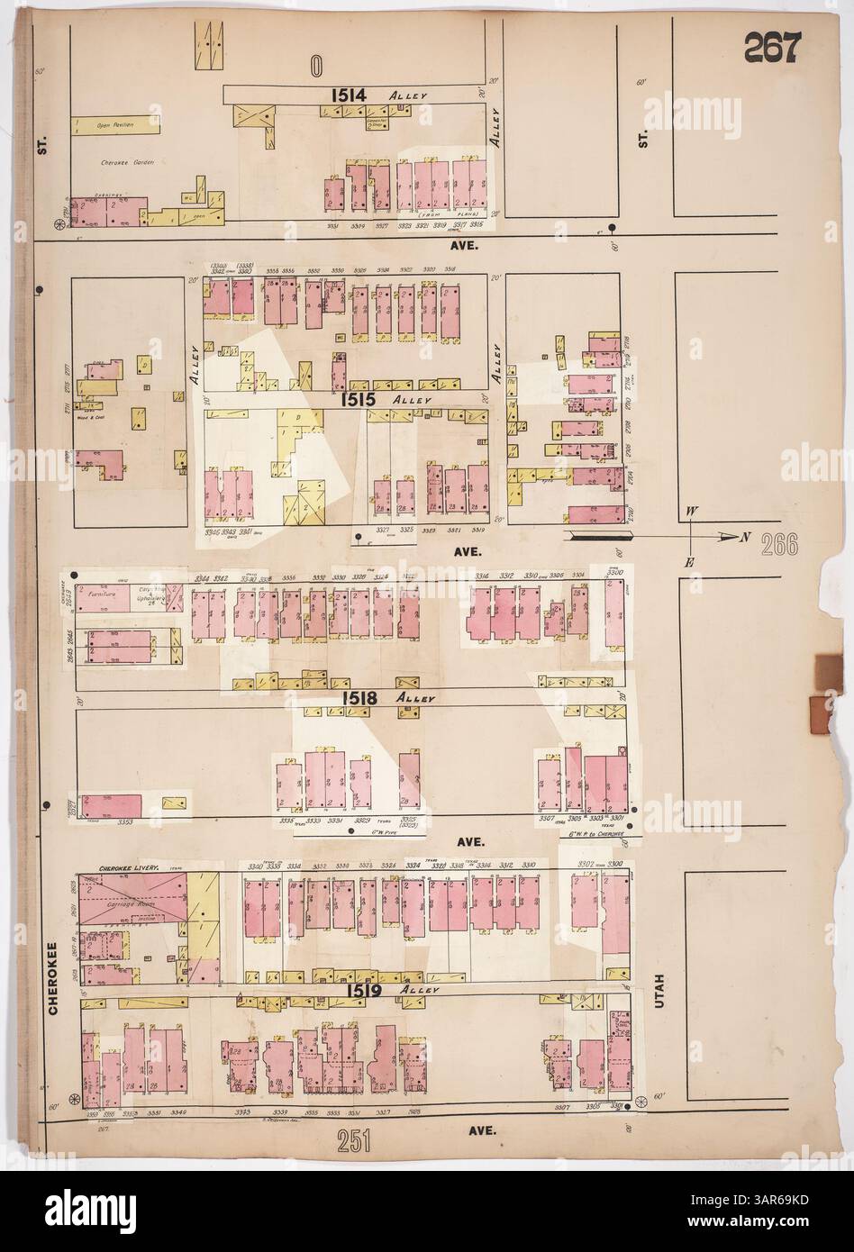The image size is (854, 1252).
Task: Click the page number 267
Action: [x=771, y=47]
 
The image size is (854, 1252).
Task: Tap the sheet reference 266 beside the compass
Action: [x=777, y=544]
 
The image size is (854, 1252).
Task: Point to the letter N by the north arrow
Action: [x=745, y=538]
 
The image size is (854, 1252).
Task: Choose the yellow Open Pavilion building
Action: [x=114, y=125]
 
